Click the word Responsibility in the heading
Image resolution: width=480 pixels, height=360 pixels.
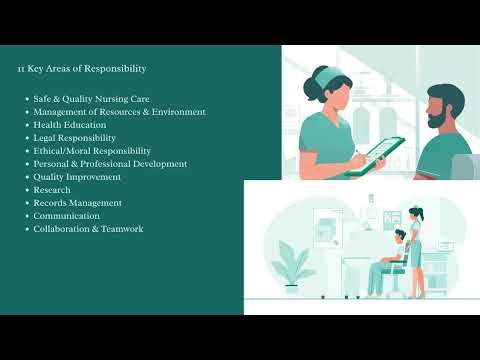[x=117, y=69]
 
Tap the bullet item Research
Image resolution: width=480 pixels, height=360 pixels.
[x=51, y=190]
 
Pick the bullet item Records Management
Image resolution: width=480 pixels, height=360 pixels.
[x=77, y=203]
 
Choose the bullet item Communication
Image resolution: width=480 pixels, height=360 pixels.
[x=66, y=216]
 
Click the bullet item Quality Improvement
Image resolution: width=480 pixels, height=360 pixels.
[x=77, y=177]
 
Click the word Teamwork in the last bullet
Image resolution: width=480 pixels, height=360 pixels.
[x=123, y=229]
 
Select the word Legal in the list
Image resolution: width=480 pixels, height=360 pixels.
[x=46, y=138]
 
